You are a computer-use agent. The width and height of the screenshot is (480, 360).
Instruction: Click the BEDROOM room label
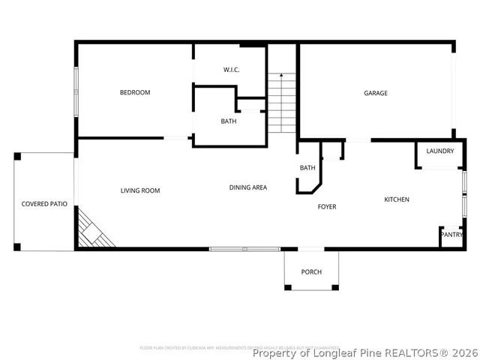135,93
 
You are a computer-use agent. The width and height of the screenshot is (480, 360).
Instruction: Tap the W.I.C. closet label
231,70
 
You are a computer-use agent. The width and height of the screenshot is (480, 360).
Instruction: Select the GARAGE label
376,93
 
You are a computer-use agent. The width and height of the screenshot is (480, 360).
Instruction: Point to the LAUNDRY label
439,151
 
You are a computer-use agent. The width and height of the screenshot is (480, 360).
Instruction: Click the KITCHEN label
397,199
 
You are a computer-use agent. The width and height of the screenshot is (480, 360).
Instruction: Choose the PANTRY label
451,235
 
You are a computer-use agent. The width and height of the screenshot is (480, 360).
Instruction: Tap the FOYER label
327,206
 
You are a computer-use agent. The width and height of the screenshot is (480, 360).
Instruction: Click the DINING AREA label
248,187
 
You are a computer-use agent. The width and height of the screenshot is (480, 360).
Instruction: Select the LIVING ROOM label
140,190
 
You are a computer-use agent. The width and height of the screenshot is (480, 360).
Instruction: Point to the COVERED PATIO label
44,204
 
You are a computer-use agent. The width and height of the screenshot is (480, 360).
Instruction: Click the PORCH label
311,271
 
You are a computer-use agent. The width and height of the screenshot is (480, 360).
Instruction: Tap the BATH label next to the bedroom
229,121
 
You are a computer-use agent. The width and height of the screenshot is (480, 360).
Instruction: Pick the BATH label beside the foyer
307,168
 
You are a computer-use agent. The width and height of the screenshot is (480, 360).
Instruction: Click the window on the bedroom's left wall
75,91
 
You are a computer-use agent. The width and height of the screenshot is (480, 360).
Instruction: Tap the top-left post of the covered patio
16,156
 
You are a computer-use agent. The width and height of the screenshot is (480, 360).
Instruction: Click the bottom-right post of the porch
335,287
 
